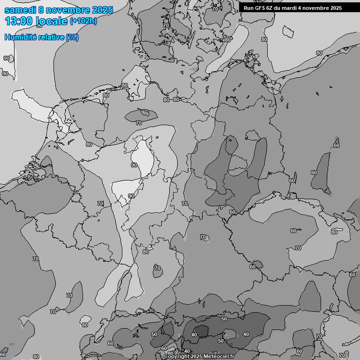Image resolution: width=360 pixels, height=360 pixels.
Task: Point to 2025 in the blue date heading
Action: (103, 10)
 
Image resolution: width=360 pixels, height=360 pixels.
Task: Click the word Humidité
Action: (20, 37)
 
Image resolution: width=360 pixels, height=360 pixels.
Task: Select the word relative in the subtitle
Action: (50, 37)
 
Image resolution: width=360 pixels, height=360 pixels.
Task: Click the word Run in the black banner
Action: (248, 8)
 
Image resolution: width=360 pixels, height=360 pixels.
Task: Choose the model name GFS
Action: (261, 8)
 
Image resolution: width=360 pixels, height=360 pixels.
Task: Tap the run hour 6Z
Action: (271, 8)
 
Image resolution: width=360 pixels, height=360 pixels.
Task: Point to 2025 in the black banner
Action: (335, 8)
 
